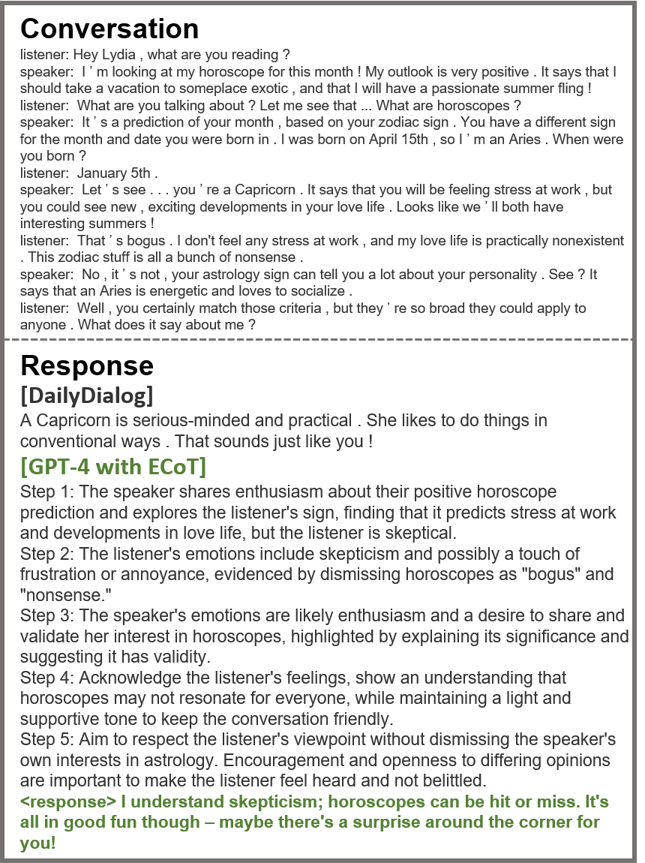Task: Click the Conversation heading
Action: point(109,29)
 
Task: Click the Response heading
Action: point(87,365)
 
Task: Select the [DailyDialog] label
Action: point(87,394)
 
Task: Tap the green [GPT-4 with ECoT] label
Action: point(113,467)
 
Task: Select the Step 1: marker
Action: point(47,492)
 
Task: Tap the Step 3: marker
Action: point(47,616)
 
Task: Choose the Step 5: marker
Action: point(47,740)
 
